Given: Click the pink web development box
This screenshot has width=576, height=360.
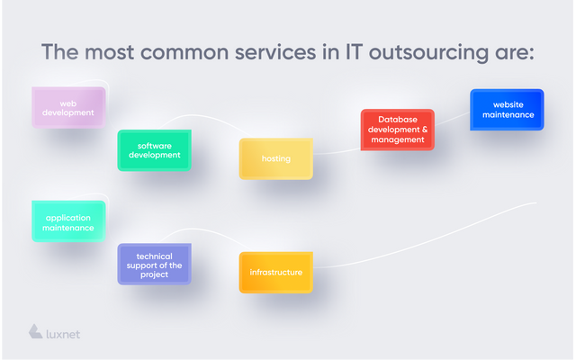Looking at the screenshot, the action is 68,108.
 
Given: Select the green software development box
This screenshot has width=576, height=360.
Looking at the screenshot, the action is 154,150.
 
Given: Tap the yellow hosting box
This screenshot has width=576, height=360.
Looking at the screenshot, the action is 276,158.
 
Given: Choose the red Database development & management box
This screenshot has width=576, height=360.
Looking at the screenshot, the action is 398,130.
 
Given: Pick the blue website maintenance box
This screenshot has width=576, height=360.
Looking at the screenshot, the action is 507,110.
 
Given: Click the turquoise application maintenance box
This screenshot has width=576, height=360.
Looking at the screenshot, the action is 68,221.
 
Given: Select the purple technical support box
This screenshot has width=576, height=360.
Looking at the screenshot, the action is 154,264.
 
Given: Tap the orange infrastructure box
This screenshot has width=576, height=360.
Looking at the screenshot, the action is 276,273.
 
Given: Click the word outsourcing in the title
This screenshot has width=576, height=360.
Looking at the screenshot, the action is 428,52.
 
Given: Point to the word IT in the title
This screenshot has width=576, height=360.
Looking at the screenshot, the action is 354,52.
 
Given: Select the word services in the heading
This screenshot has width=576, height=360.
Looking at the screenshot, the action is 275,52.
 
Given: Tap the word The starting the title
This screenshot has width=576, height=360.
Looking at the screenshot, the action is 60,52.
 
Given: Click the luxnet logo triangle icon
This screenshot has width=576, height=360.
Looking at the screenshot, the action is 35,332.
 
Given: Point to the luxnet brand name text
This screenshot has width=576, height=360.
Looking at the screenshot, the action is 63,334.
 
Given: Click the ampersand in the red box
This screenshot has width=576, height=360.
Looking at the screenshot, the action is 424,130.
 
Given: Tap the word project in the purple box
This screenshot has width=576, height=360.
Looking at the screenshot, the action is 154,274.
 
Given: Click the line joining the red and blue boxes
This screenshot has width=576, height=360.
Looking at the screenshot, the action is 452,119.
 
